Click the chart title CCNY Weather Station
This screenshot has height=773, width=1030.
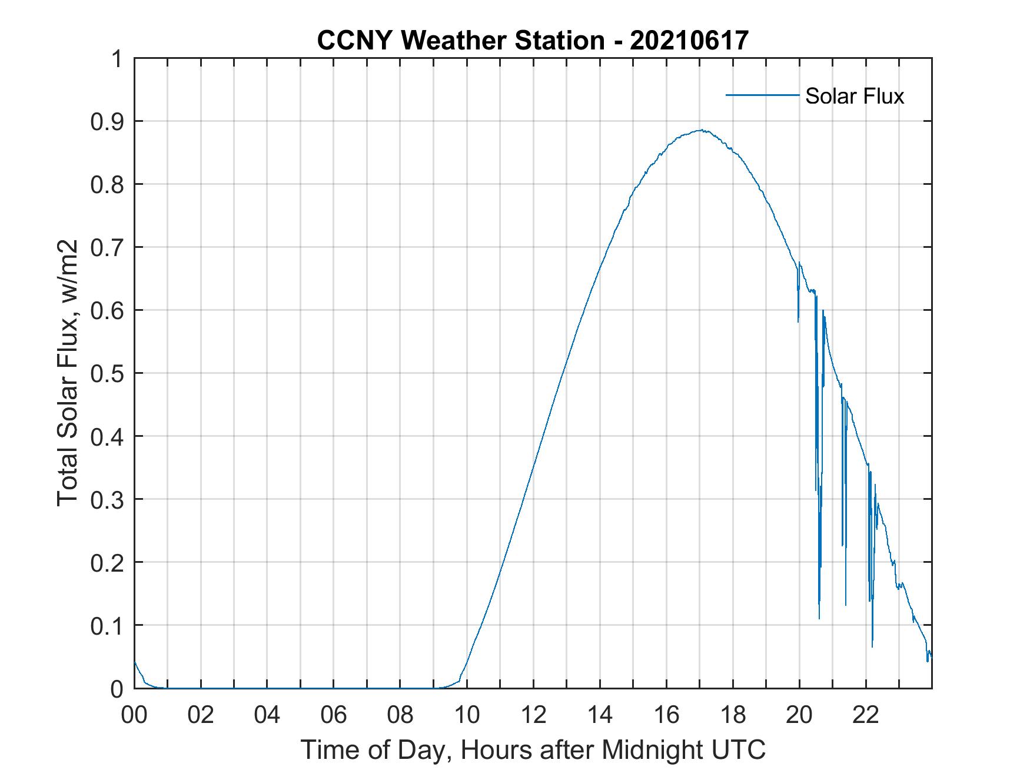click(x=460, y=41)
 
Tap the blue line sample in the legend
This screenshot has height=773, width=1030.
click(x=762, y=95)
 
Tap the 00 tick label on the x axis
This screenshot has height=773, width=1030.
click(x=134, y=715)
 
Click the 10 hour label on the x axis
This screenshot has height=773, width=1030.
click(x=467, y=715)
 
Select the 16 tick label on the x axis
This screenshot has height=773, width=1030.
click(x=666, y=715)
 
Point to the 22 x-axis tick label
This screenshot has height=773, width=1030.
click(x=866, y=715)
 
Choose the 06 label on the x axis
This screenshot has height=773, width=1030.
click(x=334, y=715)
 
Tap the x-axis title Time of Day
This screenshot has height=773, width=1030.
click(x=533, y=749)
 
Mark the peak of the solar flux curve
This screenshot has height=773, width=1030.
click(x=700, y=130)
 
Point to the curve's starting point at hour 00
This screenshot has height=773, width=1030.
click(x=135, y=661)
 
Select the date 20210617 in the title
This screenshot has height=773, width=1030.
click(x=689, y=41)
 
